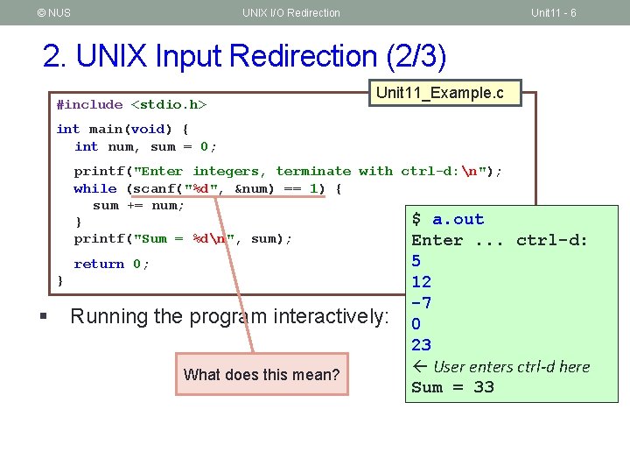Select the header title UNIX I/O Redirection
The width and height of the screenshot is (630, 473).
291,12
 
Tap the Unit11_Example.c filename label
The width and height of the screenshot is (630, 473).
439,93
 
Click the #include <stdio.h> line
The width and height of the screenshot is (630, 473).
131,105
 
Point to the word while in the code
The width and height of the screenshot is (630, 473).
95,188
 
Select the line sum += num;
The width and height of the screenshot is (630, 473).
138,206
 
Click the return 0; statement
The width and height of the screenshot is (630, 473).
112,264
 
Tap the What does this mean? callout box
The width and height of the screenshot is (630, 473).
262,375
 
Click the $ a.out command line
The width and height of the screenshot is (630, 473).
448,219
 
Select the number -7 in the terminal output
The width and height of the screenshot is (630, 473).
422,303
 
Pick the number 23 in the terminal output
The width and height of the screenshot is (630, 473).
422,345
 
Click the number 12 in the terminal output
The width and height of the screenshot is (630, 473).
422,282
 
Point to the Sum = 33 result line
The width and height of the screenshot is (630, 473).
452,387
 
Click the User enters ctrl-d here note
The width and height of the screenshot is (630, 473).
511,366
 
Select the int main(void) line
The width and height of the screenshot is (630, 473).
122,129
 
